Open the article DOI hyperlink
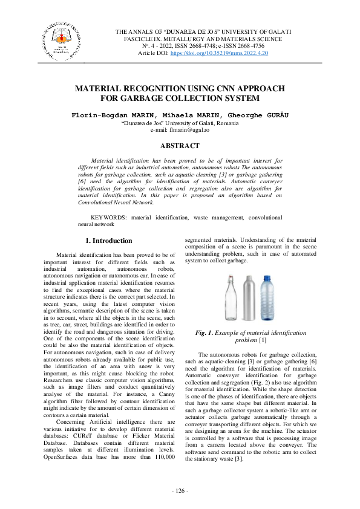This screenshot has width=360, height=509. (220, 53)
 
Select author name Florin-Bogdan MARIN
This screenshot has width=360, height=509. (104, 115)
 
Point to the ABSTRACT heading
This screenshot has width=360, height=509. (180, 146)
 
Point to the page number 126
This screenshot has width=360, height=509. (180, 490)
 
